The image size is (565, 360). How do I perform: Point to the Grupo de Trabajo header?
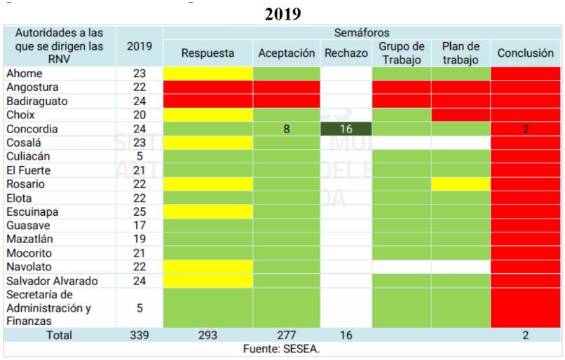click(x=401, y=53)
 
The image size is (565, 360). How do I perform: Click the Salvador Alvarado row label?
click(x=50, y=281)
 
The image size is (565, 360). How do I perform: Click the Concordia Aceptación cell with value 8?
click(x=287, y=129)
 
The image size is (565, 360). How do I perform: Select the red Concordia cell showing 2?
click(x=526, y=129)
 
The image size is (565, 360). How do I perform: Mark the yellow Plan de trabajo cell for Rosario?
click(x=460, y=184)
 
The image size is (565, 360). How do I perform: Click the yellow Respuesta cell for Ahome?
click(x=207, y=74)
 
